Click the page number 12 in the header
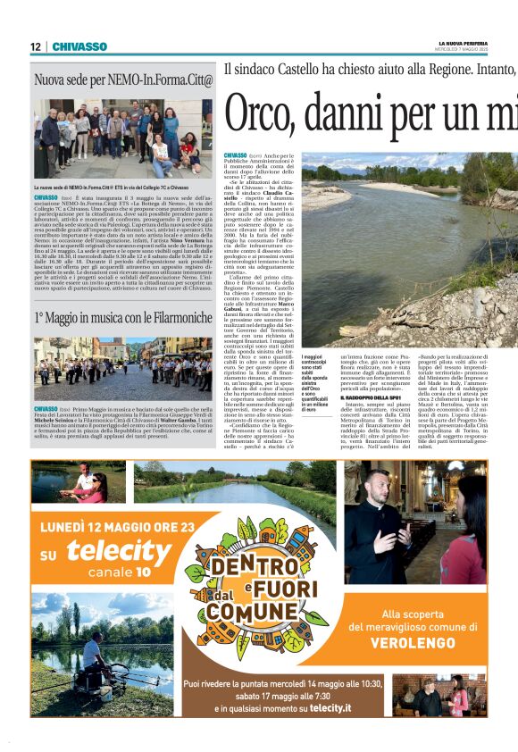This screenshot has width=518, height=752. [35, 46]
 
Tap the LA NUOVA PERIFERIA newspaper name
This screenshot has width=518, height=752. [463, 43]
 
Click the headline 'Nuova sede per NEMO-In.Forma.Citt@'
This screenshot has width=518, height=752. [123, 81]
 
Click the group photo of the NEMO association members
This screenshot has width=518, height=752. [123, 136]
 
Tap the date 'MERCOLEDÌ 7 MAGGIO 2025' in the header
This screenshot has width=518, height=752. [463, 50]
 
